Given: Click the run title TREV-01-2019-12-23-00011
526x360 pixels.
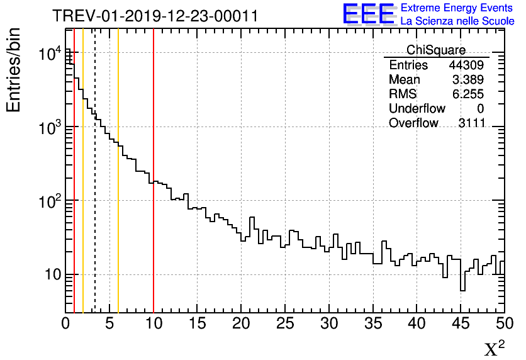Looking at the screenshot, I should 155,15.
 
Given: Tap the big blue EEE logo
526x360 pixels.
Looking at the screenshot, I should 368,14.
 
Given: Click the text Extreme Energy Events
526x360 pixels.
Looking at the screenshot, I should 457,8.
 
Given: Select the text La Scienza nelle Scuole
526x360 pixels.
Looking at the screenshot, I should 457,21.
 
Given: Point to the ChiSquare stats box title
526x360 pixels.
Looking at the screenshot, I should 436,50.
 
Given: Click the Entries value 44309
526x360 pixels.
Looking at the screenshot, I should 466,65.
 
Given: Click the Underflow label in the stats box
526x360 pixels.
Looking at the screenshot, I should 417,109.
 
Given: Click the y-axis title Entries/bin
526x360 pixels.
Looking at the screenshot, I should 14,70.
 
